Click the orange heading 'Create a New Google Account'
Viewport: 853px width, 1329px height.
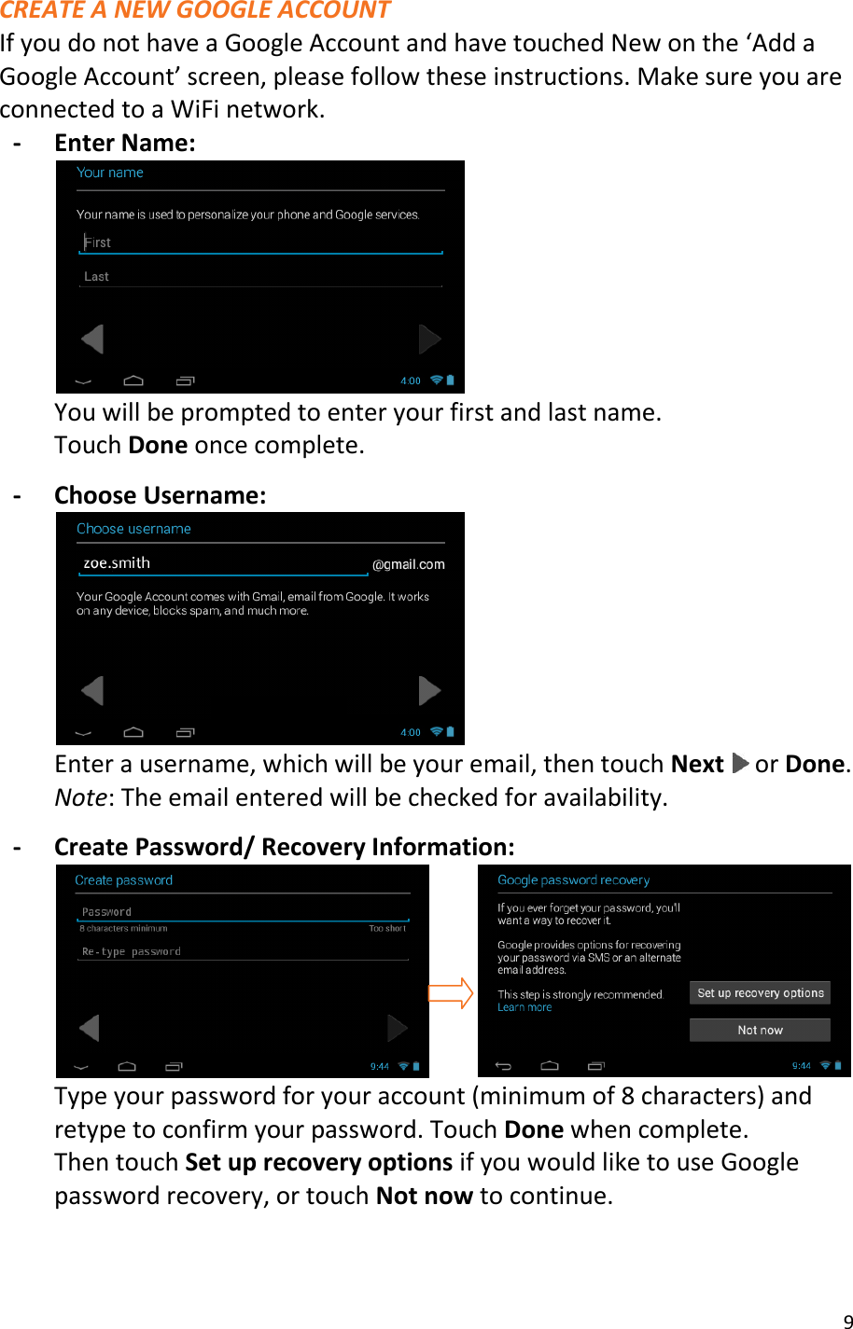[x=195, y=11]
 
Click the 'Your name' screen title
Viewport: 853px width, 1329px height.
[x=110, y=173]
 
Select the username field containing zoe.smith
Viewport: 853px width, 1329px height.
[x=222, y=563]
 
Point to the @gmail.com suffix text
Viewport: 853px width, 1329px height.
[x=409, y=564]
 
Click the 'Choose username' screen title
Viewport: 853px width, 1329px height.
[x=133, y=529]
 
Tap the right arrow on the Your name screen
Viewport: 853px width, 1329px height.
[x=429, y=339]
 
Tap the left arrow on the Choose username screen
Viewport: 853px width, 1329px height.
[x=91, y=691]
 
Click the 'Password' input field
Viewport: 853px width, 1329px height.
[x=243, y=912]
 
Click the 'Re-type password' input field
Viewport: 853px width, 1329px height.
[x=243, y=952]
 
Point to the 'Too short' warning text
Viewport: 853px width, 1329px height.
[x=387, y=929]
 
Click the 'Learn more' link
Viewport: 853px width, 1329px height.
[x=524, y=1008]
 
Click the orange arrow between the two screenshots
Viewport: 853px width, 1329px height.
[x=452, y=993]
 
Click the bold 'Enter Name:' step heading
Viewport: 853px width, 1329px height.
[x=125, y=143]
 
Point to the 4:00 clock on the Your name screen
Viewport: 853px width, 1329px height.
[x=411, y=381]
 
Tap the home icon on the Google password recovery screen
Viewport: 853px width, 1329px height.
[x=550, y=1065]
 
